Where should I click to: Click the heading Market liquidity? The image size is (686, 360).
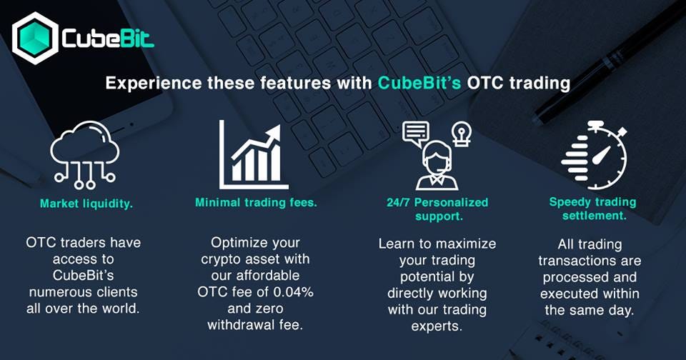point(86,204)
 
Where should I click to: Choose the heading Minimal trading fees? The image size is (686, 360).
point(256,203)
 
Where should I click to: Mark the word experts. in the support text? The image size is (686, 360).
point(437,326)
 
